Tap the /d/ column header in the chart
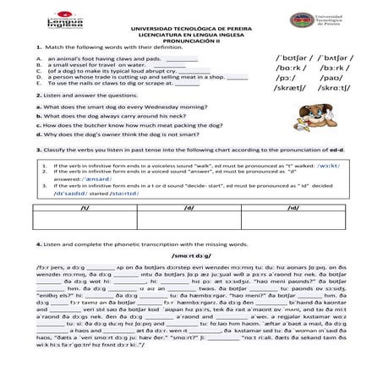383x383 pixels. tap(189, 205)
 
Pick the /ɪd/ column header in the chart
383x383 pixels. tap(294, 205)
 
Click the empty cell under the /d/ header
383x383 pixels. tap(189, 221)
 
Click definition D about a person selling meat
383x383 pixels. tap(127, 77)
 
